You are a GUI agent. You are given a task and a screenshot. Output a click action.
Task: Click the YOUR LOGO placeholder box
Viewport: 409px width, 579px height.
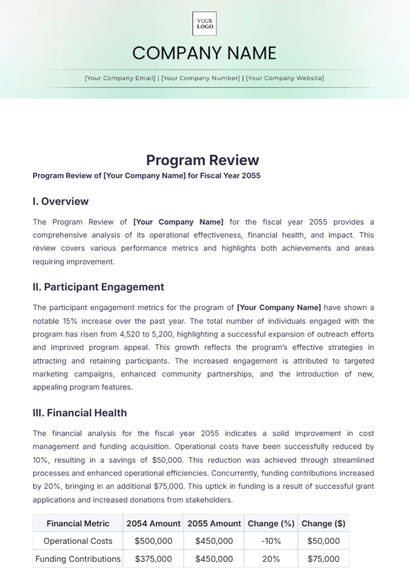tap(204, 24)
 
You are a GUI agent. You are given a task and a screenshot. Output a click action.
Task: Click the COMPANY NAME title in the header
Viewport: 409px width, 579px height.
tap(204, 53)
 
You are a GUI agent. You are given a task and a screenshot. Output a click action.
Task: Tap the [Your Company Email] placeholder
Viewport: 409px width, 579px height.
tap(120, 78)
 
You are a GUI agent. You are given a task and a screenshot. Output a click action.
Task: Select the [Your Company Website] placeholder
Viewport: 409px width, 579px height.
tap(285, 78)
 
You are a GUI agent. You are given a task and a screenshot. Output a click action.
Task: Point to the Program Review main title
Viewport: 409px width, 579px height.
tap(203, 160)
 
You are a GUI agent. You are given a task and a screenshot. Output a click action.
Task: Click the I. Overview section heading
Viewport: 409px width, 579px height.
tap(61, 201)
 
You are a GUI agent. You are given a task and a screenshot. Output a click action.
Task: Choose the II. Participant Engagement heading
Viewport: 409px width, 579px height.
tap(99, 287)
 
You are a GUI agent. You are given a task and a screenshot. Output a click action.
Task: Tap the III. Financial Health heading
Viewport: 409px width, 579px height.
tap(80, 413)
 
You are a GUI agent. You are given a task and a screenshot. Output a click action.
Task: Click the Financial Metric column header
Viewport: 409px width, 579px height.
tap(78, 523)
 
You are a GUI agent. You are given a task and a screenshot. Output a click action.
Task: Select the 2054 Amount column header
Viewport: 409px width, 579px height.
tap(153, 523)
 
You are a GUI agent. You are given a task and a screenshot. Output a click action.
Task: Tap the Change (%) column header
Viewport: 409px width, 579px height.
tap(271, 523)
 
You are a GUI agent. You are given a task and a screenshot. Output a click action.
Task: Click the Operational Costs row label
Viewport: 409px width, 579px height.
tap(78, 541)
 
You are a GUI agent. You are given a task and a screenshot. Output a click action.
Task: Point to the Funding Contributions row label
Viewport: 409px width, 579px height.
tap(78, 559)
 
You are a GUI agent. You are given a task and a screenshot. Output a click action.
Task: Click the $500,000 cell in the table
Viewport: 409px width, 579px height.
tap(153, 541)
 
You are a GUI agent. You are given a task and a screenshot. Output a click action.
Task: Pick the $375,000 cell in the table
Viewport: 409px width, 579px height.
tap(153, 559)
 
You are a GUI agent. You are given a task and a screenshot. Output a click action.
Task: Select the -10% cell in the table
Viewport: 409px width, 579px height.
tap(271, 541)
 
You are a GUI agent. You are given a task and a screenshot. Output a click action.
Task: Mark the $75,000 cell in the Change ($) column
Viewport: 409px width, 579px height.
tap(323, 559)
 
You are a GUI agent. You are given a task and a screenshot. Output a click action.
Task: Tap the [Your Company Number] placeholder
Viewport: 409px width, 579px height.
tap(200, 78)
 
